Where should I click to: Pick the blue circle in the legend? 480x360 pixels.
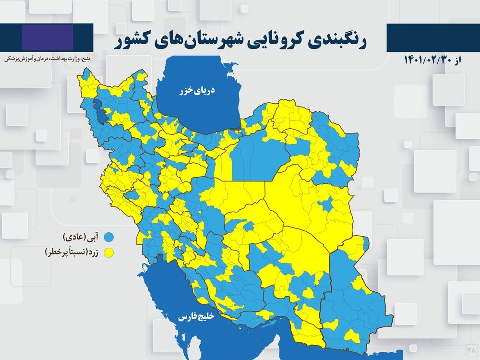click(110, 237)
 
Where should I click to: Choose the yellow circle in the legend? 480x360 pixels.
click(110, 251)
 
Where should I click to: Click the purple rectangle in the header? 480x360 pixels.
click(48, 37)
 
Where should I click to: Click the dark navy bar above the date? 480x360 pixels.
click(432, 38)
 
